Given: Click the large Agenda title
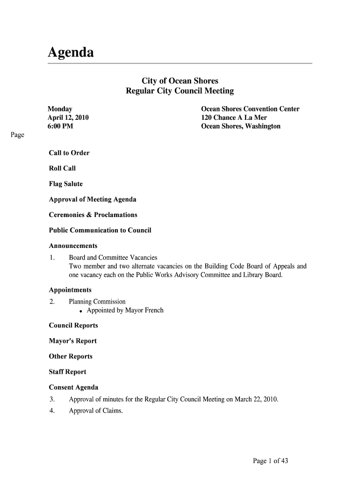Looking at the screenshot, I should point(71,53).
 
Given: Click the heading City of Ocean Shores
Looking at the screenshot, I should point(180,81).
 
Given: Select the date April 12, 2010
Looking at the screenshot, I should point(68,117).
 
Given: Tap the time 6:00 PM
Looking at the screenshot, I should point(60,126).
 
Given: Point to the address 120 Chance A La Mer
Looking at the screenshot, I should point(234,117).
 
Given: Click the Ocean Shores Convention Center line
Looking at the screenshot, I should point(250,109).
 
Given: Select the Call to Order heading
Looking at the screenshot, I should point(69,153).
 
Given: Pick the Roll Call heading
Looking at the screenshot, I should point(62,168).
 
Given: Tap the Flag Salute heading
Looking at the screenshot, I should point(66,184).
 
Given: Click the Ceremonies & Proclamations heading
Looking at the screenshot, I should point(93,215).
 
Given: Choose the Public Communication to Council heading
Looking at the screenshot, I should point(100,230).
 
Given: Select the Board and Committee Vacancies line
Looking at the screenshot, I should point(113,258).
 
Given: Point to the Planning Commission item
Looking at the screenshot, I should point(97,302).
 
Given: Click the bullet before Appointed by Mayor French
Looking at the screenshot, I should point(81,311).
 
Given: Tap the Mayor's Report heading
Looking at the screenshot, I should point(73,341).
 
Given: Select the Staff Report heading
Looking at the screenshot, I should point(68,372).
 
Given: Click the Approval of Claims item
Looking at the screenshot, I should point(96,411).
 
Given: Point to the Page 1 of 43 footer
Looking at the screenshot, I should point(270,461).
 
